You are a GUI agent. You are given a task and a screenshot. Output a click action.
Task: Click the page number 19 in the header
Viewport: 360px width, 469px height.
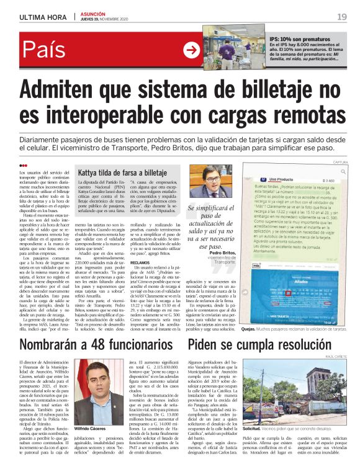pos(342,17)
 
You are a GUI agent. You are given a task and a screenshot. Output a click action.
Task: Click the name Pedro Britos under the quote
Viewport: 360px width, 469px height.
pos(223,252)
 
